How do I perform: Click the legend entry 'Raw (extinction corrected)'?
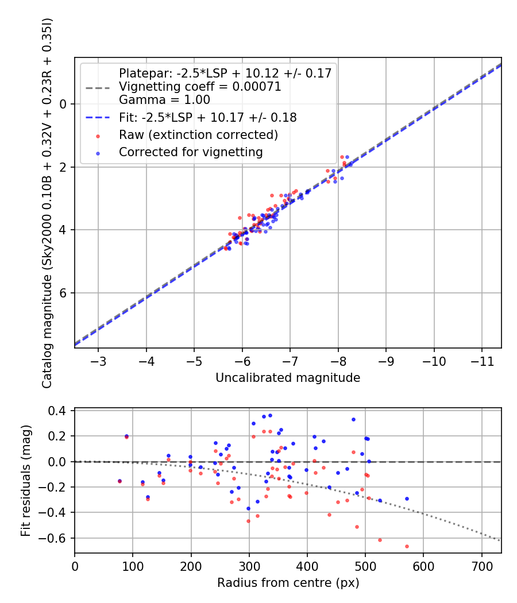(198, 136)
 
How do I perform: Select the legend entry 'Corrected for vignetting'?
(191, 152)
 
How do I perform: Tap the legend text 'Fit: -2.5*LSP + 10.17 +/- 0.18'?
(207, 118)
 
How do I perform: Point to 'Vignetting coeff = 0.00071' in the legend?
(200, 87)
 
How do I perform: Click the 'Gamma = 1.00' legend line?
(164, 99)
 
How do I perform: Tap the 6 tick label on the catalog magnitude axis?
(64, 293)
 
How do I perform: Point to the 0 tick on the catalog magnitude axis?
(64, 104)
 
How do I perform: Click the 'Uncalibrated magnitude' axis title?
(288, 377)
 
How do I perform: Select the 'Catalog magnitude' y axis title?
(47, 203)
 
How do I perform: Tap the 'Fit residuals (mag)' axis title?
(25, 481)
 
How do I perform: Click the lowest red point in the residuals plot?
(407, 546)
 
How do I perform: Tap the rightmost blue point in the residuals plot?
(407, 498)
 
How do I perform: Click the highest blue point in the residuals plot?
(270, 415)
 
